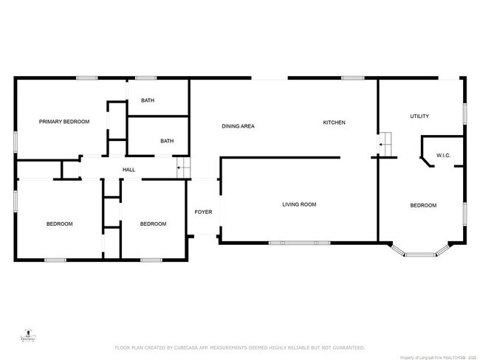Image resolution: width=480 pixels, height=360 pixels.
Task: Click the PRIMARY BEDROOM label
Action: (x=64, y=122)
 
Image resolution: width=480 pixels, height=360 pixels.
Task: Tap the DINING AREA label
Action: (x=238, y=126)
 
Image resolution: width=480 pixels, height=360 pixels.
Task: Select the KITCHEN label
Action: (x=334, y=122)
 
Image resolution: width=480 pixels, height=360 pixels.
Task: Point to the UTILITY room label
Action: (x=419, y=117)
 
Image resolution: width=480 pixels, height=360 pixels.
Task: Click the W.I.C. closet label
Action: (x=444, y=156)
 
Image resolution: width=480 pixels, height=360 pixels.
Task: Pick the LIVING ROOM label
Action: (x=299, y=204)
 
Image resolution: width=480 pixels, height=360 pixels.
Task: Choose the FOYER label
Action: (x=203, y=212)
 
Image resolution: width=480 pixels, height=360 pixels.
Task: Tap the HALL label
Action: (x=128, y=170)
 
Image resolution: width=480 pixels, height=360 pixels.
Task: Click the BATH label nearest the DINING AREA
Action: (x=168, y=141)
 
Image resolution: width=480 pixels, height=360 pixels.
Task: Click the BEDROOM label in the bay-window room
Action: (x=423, y=206)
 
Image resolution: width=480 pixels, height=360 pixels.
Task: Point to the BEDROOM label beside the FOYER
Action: (x=153, y=224)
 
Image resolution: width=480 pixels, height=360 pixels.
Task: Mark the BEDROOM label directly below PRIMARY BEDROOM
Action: (x=59, y=224)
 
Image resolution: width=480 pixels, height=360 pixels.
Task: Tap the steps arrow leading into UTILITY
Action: (x=385, y=145)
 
